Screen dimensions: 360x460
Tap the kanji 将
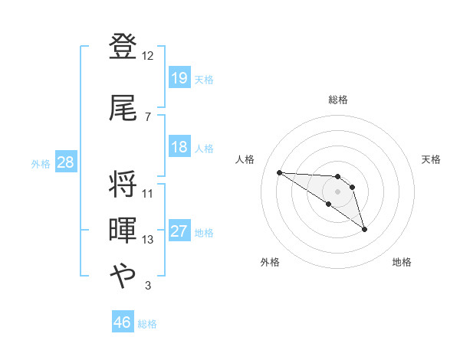click(x=123, y=184)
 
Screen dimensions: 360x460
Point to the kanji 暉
click(x=123, y=231)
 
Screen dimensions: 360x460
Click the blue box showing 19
click(x=179, y=77)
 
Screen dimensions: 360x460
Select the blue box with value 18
click(x=179, y=147)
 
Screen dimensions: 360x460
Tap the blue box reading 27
click(x=179, y=232)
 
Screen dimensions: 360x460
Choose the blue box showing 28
click(x=65, y=162)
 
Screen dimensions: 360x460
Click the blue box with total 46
click(x=123, y=322)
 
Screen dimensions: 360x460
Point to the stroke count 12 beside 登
click(x=148, y=56)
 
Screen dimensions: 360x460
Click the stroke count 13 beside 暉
click(x=148, y=240)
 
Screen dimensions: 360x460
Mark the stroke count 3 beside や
click(x=148, y=286)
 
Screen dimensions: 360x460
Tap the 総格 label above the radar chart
click(x=338, y=100)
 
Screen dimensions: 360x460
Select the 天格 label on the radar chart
click(x=432, y=159)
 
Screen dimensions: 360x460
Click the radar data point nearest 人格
click(x=279, y=172)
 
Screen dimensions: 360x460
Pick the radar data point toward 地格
click(x=364, y=229)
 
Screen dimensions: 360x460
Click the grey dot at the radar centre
click(x=337, y=191)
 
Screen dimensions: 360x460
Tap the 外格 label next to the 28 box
click(x=40, y=163)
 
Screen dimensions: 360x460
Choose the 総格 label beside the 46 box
click(x=147, y=323)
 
